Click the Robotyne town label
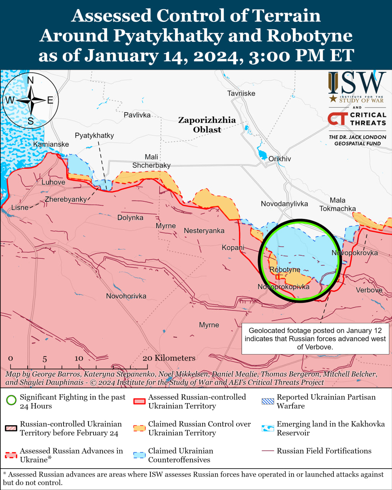point(285,269)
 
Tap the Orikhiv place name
point(279,159)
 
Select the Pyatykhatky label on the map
point(94,136)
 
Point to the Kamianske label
point(51,144)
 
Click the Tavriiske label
point(241,93)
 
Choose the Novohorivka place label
point(126,296)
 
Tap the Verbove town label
point(369,290)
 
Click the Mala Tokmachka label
point(337,204)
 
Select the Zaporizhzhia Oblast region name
point(207,125)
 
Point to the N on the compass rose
point(31,80)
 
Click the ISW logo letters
point(357,83)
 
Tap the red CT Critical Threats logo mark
point(337,119)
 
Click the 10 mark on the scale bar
point(79,358)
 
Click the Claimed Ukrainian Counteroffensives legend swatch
point(139,455)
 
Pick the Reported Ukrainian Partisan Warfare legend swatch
point(268,401)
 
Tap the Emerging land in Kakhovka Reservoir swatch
point(268,428)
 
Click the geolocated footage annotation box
point(315,339)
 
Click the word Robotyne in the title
point(309,36)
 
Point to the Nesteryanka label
point(204,231)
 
